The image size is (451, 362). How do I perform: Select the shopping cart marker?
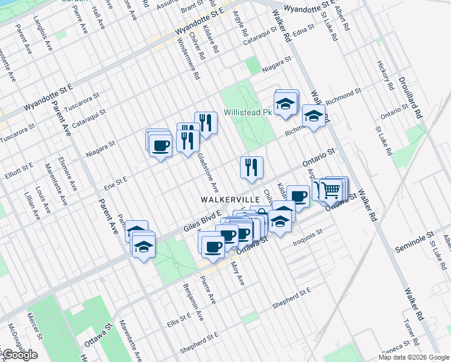[330, 189]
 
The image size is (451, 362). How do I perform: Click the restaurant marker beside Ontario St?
[251, 167]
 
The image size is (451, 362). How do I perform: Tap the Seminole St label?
[414, 234]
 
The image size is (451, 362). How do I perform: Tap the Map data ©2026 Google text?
[414, 357]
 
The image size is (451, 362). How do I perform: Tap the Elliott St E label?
[20, 168]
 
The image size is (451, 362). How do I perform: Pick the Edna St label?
[303, 28]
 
